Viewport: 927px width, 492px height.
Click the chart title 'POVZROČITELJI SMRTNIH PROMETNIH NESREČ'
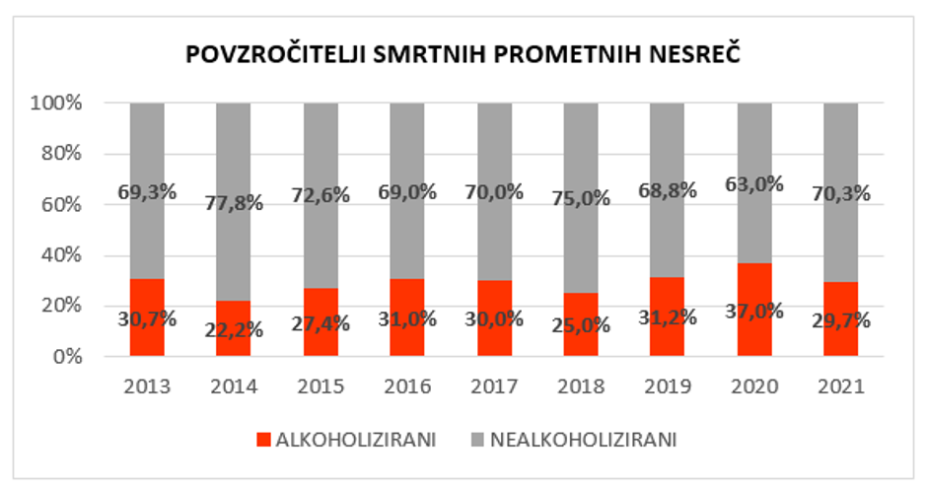coord(463,56)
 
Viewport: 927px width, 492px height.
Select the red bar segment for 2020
coord(754,286)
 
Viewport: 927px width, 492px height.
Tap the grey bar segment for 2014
coord(234,148)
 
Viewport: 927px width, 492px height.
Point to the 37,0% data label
coord(754,312)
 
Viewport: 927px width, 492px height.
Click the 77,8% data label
coord(234,204)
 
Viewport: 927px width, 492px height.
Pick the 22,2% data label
coord(234,329)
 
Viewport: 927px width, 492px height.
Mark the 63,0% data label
coord(754,183)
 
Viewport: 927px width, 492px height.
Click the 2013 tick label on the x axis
coord(147,387)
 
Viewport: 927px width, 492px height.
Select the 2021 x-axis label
coord(840,387)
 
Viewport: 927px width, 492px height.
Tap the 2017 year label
coord(494,387)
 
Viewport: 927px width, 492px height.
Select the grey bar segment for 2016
coord(407,148)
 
